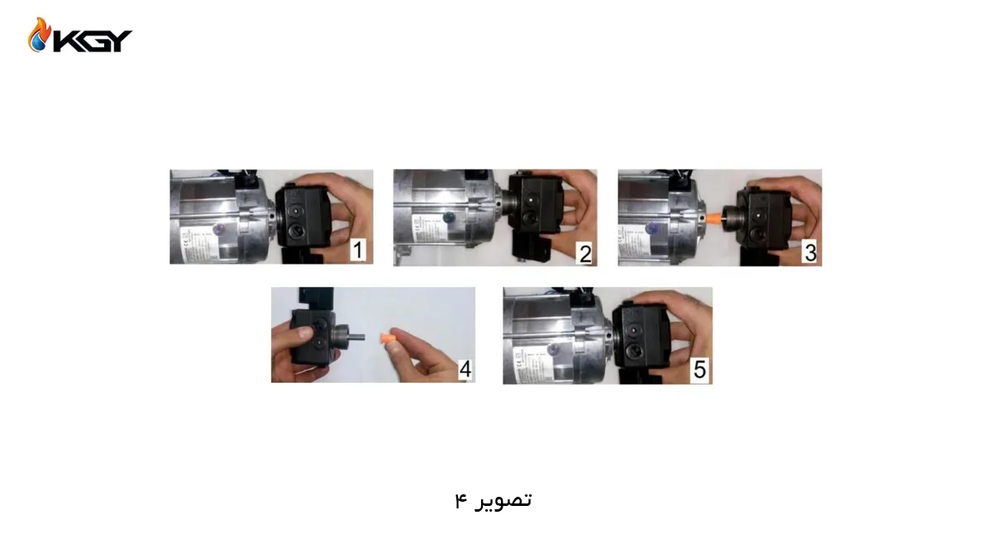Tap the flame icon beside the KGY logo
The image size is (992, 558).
[39, 36]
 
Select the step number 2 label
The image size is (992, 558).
[585, 252]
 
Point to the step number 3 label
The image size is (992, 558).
[810, 252]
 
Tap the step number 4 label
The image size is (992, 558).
[465, 369]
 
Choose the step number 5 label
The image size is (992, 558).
[699, 370]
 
